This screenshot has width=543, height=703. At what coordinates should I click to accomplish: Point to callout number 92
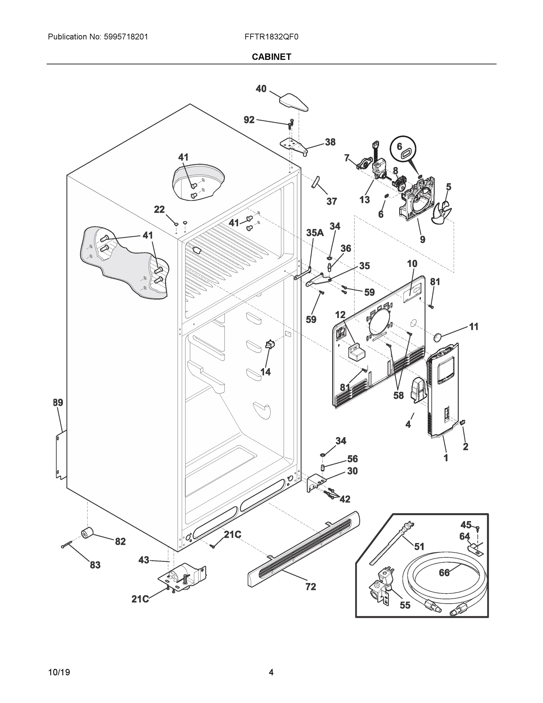[x=249, y=120]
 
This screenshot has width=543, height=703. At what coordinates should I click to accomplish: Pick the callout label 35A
[x=315, y=233]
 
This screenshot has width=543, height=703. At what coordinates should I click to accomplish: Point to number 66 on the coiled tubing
[x=444, y=573]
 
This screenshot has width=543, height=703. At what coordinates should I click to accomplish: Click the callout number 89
[x=58, y=402]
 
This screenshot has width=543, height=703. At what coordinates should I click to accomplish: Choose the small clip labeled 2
[x=463, y=422]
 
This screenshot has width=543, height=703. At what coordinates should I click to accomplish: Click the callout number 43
[x=143, y=560]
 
